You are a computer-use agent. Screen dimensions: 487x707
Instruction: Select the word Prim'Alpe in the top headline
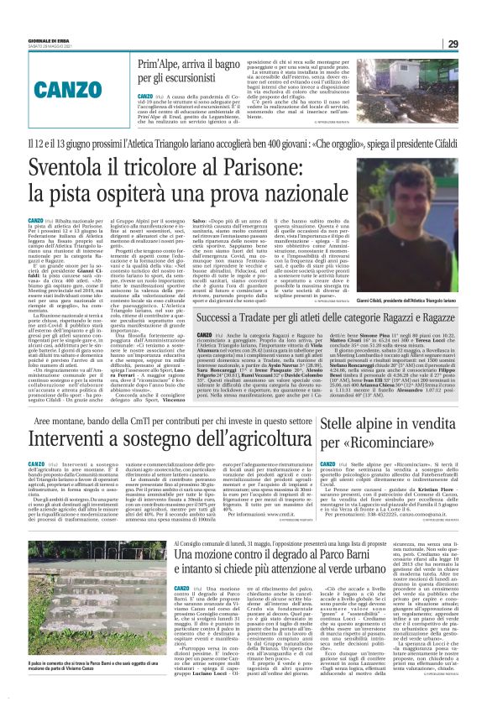click(161, 64)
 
